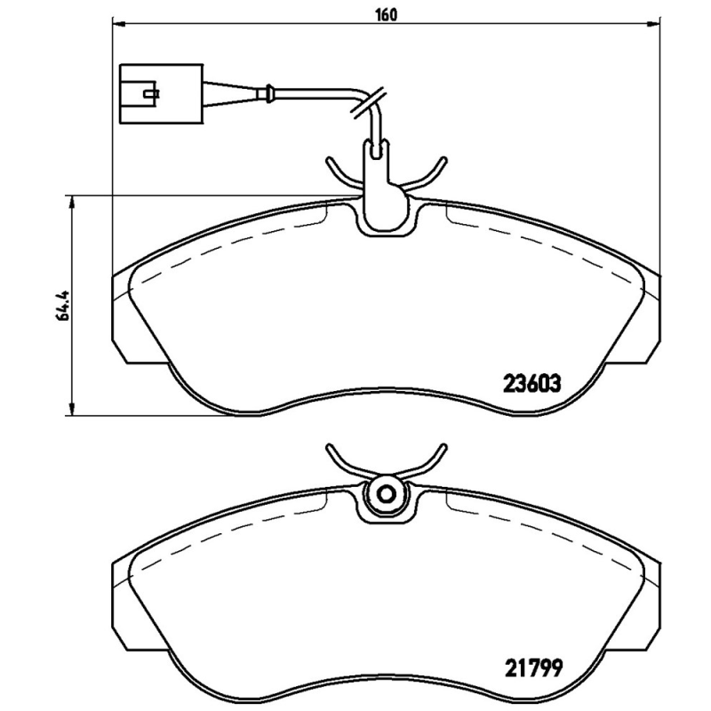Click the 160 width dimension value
(x=384, y=14)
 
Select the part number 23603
(x=531, y=385)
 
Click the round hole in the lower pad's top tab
(x=386, y=496)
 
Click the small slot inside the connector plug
(x=149, y=92)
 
